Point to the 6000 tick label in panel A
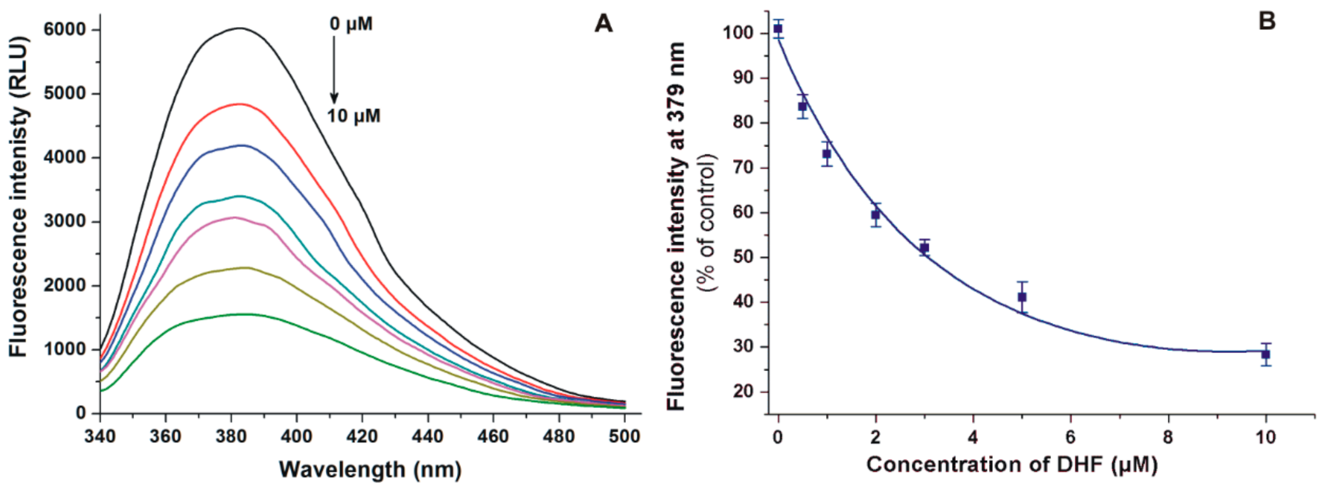(x=64, y=30)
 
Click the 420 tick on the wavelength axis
(x=362, y=436)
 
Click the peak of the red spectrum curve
(x=241, y=104)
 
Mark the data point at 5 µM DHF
(x=1022, y=297)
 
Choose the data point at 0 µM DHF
(x=778, y=29)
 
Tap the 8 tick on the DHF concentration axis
(x=1168, y=437)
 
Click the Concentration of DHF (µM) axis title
(x=1012, y=465)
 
